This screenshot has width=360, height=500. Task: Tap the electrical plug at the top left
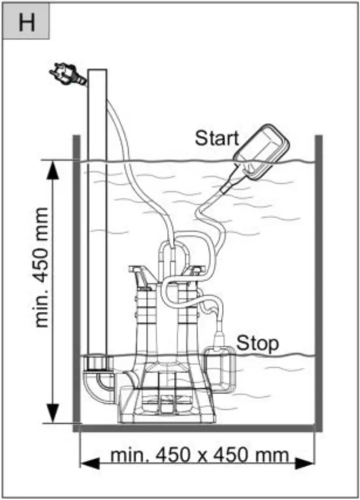coord(68,75)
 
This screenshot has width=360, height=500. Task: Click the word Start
coord(216,139)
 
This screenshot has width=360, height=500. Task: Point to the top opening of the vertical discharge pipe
coord(97,70)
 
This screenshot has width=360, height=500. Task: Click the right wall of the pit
coord(319,279)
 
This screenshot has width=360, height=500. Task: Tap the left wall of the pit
coord(75,279)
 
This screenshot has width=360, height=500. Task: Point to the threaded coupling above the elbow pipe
coord(97,364)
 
